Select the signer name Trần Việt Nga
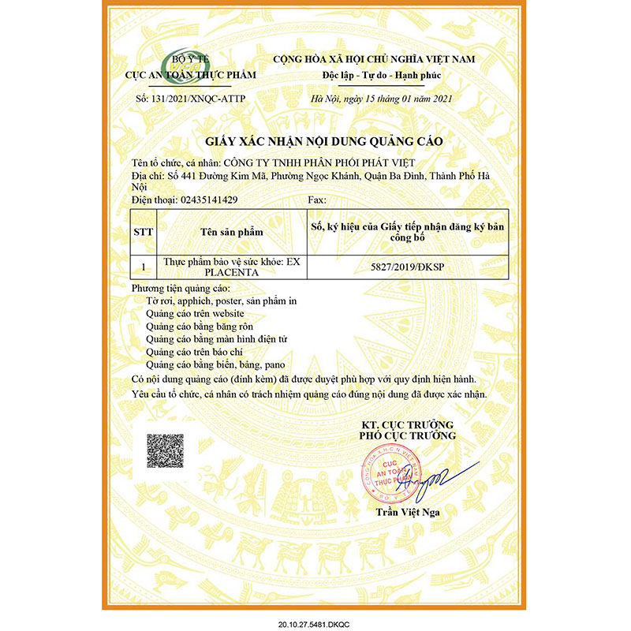click(406, 513)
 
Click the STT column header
click(144, 233)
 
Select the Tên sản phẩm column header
click(231, 233)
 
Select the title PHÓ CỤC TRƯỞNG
click(407, 435)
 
